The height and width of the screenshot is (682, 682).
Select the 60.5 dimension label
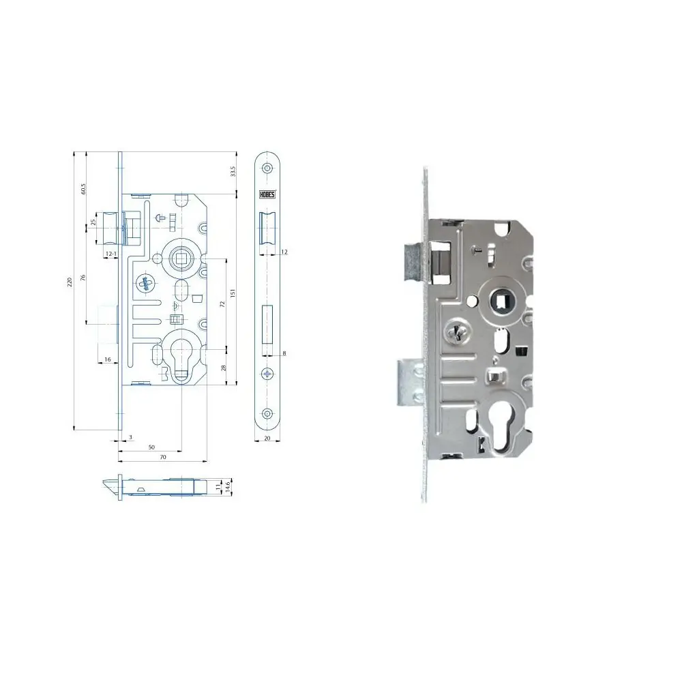[x=83, y=189]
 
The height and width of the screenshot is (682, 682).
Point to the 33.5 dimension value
[x=233, y=171]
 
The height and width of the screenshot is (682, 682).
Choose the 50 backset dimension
[x=151, y=447]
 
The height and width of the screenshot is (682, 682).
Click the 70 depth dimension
[x=163, y=458]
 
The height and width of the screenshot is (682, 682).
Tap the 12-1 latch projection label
[x=110, y=254]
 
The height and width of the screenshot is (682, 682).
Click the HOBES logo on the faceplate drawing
[x=266, y=194]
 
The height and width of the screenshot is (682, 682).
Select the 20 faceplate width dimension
[x=267, y=439]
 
